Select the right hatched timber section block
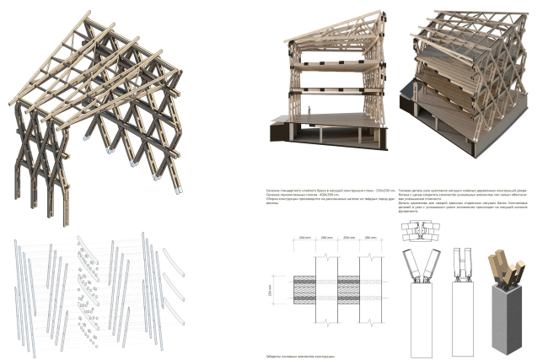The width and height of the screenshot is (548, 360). [x=349, y=289]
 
